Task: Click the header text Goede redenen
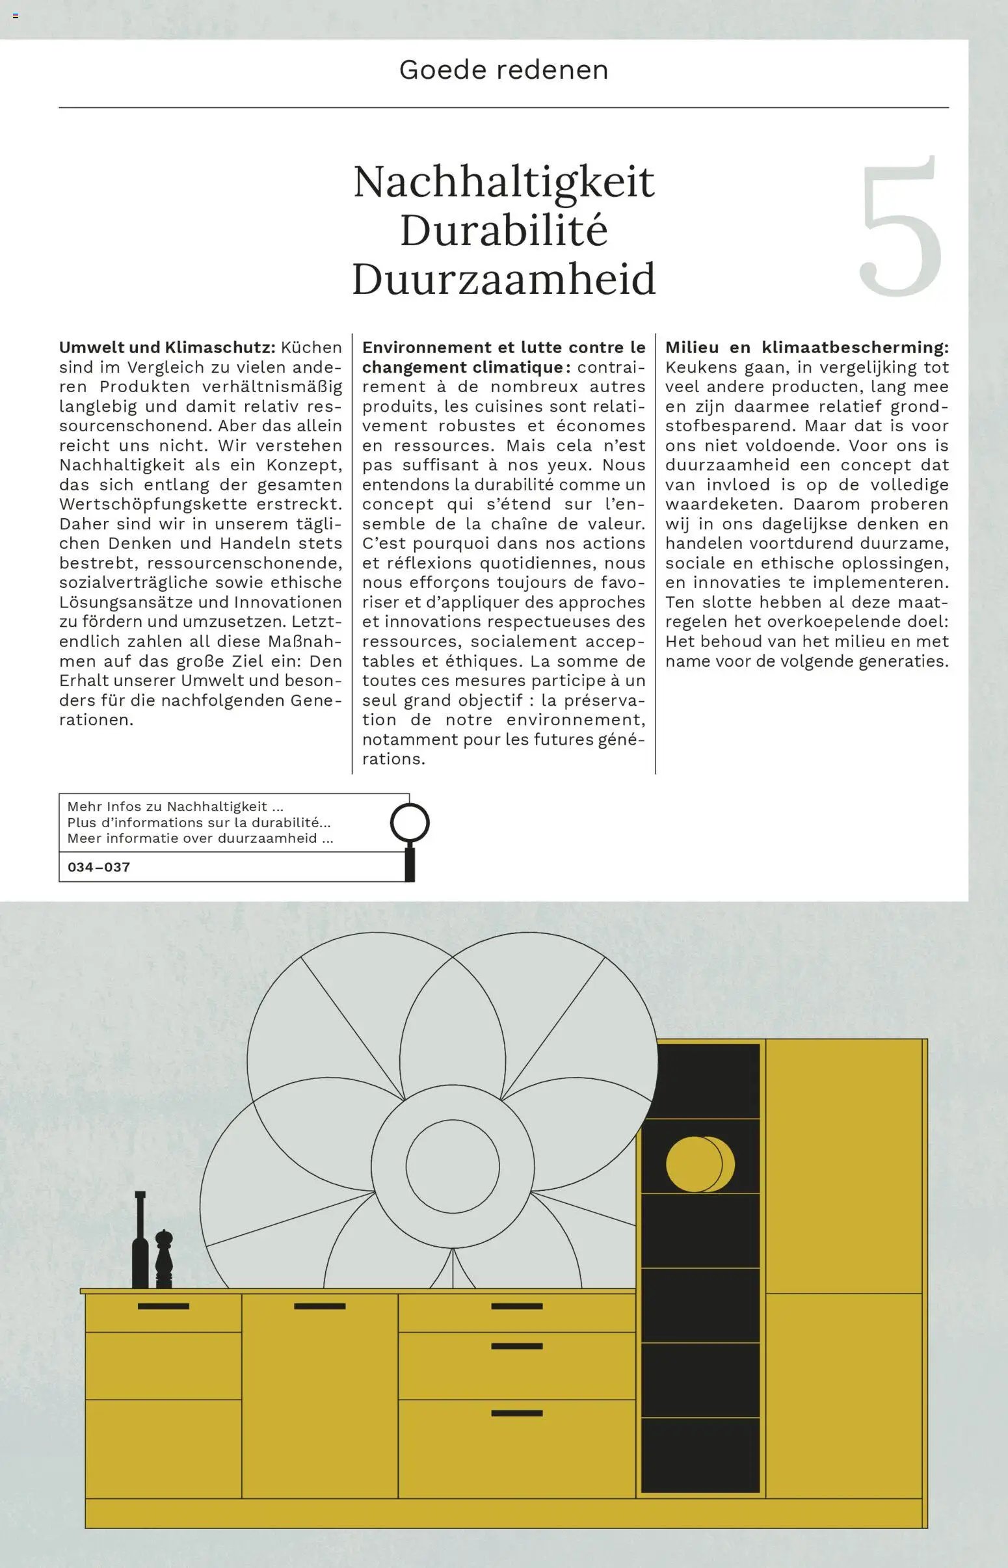[x=503, y=70]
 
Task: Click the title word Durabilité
[x=503, y=230]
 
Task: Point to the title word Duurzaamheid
[x=503, y=279]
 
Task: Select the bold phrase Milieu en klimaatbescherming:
[x=806, y=347]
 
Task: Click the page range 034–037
[x=99, y=867]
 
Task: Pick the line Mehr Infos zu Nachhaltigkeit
[x=175, y=807]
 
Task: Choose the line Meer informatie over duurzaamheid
[x=200, y=838]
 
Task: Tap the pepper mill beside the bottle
[x=163, y=1260]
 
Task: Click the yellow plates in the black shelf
[x=699, y=1164]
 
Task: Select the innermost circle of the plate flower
[x=452, y=1166]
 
